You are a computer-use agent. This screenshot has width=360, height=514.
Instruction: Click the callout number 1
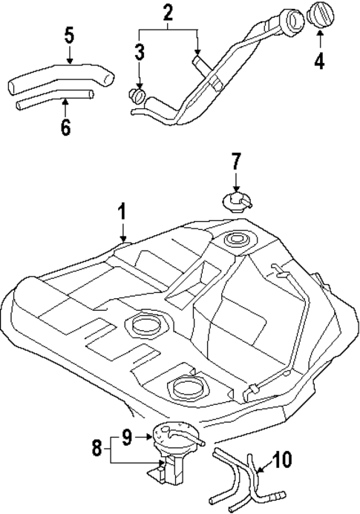122,213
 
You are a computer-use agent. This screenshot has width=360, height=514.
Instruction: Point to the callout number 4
319,61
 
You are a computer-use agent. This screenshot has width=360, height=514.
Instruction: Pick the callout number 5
68,34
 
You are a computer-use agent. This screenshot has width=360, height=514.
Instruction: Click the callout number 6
65,127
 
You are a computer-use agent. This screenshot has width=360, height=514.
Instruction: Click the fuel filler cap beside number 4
320,16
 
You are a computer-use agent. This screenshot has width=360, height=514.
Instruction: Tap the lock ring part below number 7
236,200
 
